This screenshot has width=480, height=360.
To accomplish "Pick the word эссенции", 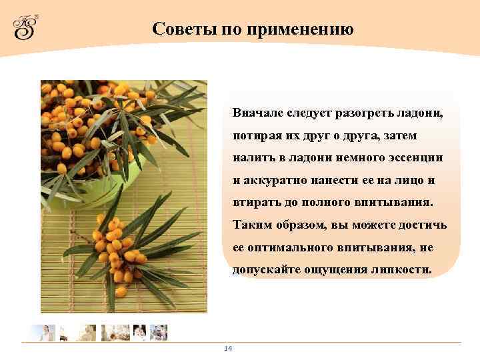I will tap(413, 157).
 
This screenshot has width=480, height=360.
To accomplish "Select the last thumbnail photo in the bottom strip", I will tap(159, 333).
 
